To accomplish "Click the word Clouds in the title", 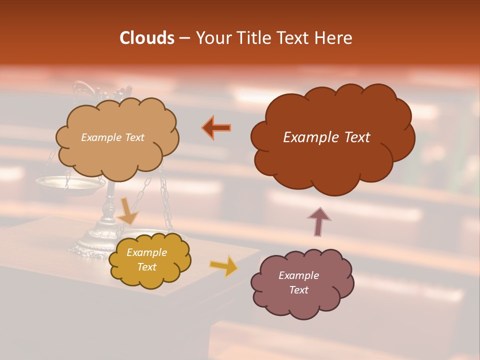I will pyautogui.click(x=147, y=38).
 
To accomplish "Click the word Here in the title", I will pyautogui.click(x=334, y=38).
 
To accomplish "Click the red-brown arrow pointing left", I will pyautogui.click(x=216, y=127).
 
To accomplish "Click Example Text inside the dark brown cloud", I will pyautogui.click(x=326, y=137).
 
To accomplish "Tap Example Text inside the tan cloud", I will pyautogui.click(x=112, y=137).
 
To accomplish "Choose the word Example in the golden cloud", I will pyautogui.click(x=146, y=252).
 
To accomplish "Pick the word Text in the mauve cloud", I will pyautogui.click(x=298, y=290).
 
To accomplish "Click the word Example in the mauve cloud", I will pyautogui.click(x=298, y=275).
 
